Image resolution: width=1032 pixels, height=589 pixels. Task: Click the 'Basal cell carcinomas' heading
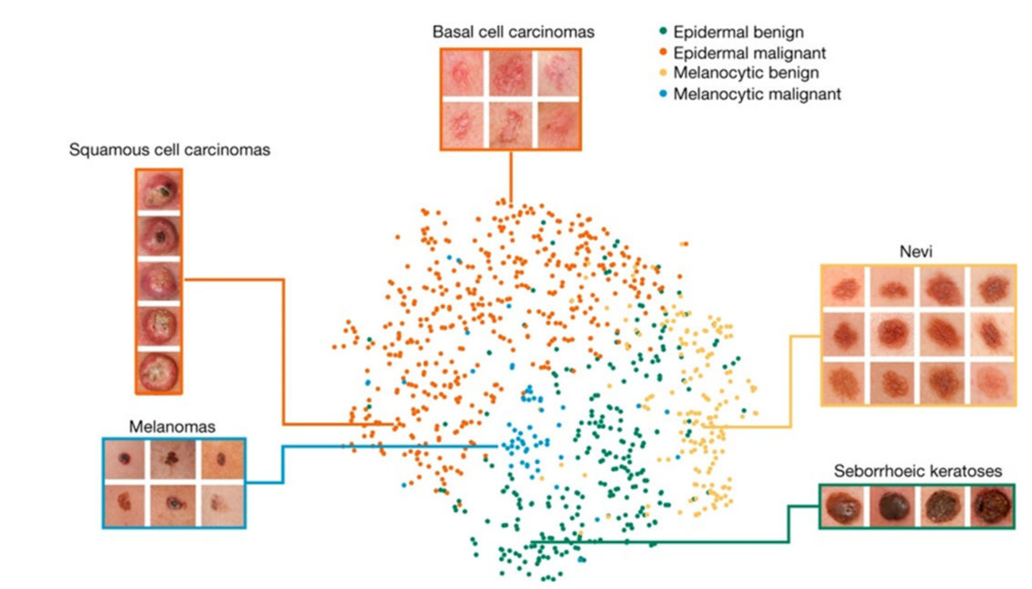tap(513, 32)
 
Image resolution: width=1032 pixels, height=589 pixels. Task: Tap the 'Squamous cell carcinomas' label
tap(169, 150)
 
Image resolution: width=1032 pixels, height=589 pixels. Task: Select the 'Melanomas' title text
tap(172, 427)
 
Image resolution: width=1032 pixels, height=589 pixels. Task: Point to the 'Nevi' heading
tap(916, 251)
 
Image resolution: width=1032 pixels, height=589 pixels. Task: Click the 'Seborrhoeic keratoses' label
tap(918, 471)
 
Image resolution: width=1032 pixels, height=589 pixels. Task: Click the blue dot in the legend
tap(663, 93)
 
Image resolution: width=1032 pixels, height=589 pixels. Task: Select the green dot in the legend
tap(663, 31)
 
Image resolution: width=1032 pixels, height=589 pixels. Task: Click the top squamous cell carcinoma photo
tap(159, 190)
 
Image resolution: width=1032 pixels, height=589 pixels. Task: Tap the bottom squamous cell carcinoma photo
tap(159, 371)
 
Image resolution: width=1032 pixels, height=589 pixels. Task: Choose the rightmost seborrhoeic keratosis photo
tap(992, 506)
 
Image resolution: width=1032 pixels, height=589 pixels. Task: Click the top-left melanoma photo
tap(125, 460)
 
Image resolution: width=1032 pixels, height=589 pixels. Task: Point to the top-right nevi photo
tap(992, 287)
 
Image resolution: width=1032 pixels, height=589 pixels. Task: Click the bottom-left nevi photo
tap(845, 383)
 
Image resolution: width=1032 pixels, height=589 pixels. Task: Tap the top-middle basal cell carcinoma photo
tap(511, 73)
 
